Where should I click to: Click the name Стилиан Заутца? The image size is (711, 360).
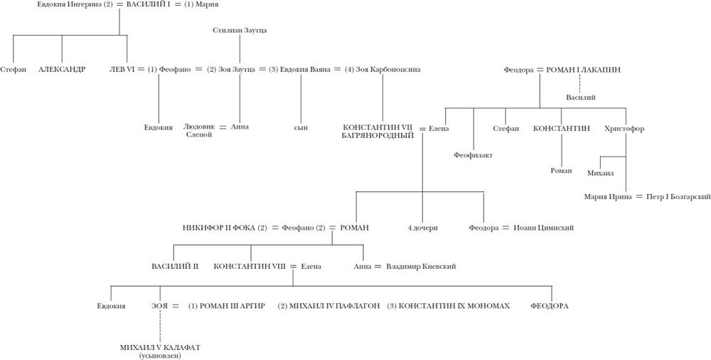pyautogui.click(x=240, y=30)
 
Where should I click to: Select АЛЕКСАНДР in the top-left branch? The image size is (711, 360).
pyautogui.click(x=62, y=70)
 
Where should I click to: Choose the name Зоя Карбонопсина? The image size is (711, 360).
pyautogui.click(x=387, y=70)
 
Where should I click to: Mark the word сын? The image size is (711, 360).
pyautogui.click(x=301, y=127)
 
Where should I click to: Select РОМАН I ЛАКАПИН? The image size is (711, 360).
pyautogui.click(x=582, y=70)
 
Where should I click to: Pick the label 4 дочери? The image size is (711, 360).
pyautogui.click(x=422, y=228)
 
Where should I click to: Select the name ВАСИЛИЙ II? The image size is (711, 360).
pyautogui.click(x=175, y=266)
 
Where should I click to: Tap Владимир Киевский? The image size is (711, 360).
pyautogui.click(x=421, y=266)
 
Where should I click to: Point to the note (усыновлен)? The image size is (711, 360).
pyautogui.click(x=161, y=355)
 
